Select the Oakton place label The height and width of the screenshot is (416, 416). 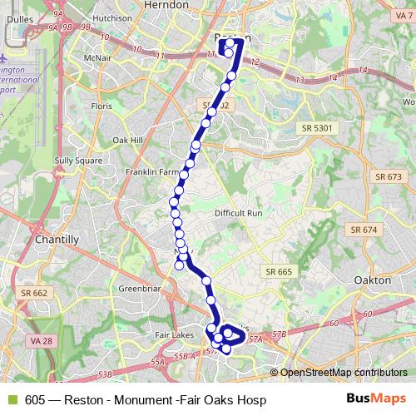tap(372, 280)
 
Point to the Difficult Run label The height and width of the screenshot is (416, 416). tap(239, 214)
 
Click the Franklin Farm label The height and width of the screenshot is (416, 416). tap(151, 172)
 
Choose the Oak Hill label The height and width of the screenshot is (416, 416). tap(129, 141)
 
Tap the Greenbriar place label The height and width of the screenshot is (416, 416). tap(138, 289)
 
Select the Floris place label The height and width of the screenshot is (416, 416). tap(102, 107)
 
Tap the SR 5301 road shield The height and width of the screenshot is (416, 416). tap(318, 127)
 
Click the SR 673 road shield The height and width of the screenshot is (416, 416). tap(389, 177)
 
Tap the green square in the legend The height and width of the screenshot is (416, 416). tap(12, 400)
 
